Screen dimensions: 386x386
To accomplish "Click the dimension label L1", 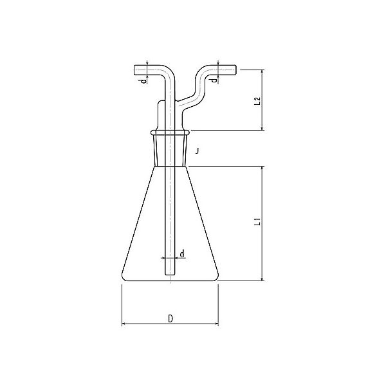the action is point(257,221).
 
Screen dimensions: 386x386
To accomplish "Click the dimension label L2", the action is point(257,101).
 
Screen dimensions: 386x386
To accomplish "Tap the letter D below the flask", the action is point(170,318).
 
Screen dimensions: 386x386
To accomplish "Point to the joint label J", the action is point(197,151).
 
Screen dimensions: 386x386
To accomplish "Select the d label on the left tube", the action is point(143,80).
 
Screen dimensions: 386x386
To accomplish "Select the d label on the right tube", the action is point(214,80).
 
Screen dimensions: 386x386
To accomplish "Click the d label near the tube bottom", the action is point(182,253).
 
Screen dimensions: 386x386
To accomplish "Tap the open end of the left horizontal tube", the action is point(134,70).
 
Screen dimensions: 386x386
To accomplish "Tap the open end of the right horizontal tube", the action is point(236,69).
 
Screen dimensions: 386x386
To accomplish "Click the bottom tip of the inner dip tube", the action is point(170,275).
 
